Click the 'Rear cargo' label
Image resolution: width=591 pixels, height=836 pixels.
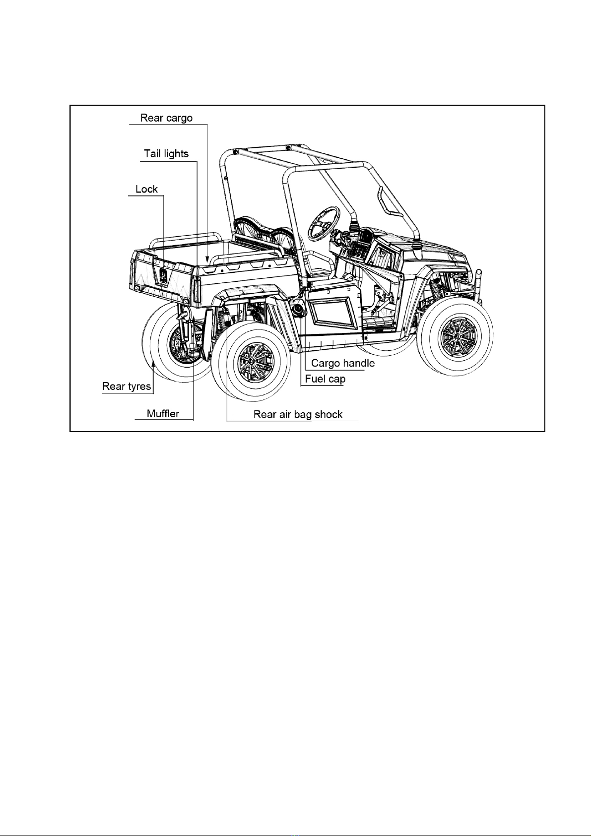(x=167, y=118)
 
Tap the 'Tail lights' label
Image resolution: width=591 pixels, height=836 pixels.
(x=167, y=154)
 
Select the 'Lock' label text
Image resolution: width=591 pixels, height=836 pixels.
(x=147, y=189)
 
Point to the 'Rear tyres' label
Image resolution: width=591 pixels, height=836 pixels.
(x=127, y=386)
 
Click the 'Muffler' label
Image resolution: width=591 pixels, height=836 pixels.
(x=163, y=413)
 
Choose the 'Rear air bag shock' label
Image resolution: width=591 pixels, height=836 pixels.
(x=298, y=414)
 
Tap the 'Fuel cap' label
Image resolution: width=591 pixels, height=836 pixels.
(x=325, y=379)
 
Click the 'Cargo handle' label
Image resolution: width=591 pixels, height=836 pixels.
(x=343, y=363)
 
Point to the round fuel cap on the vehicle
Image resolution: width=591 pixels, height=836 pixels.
(x=299, y=310)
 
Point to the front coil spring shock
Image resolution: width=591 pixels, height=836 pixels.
(x=436, y=288)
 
